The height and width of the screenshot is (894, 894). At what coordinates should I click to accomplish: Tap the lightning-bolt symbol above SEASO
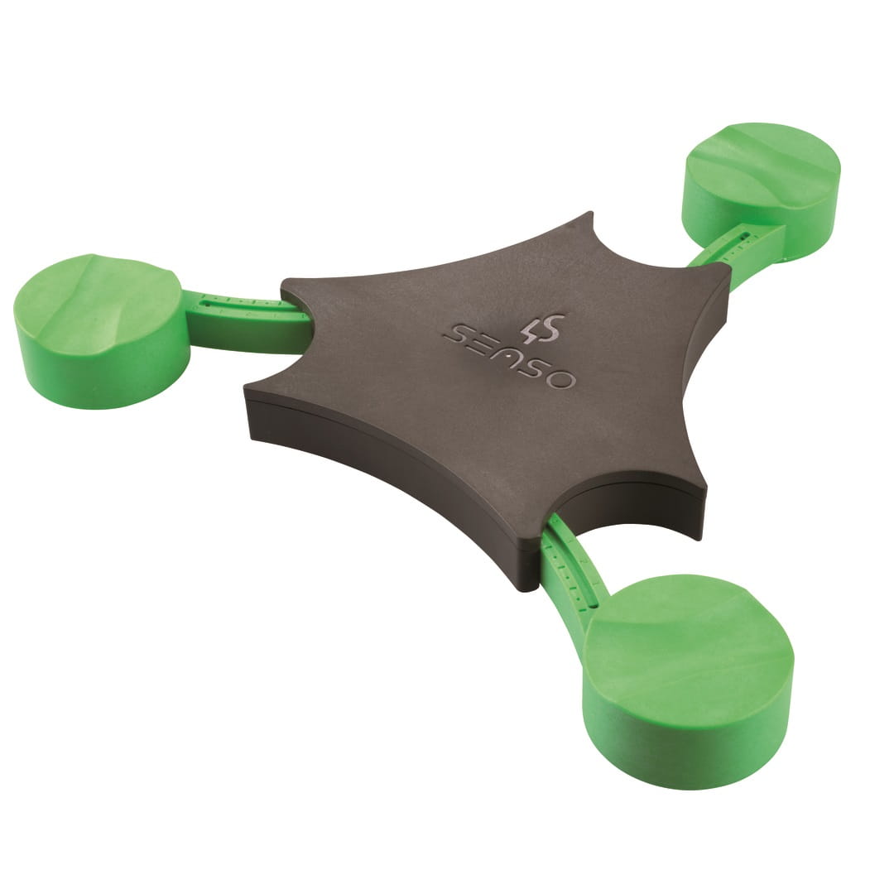click(541, 325)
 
